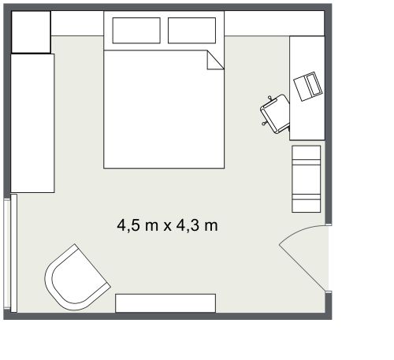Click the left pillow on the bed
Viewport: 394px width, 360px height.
point(137,31)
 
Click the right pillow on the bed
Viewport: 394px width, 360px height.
point(191,31)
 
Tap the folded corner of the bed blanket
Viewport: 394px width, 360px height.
point(215,60)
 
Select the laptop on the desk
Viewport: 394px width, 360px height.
point(307,86)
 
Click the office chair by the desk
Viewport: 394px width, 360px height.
point(276,113)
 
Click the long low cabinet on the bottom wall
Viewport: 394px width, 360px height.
point(165,302)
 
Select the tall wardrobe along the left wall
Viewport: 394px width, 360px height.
point(32,122)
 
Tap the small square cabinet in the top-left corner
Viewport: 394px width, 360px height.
point(31,32)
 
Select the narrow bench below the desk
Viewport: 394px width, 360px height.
point(307,179)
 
